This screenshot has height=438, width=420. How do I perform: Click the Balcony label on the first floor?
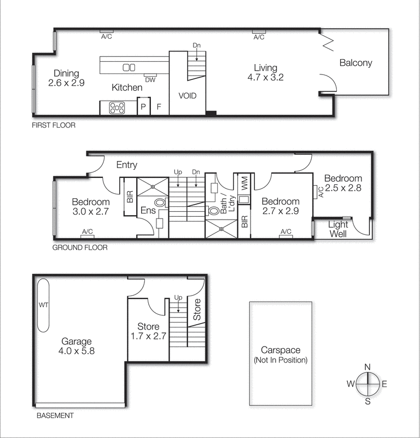tap(355, 62)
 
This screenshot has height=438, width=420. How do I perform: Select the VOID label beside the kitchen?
tap(188, 96)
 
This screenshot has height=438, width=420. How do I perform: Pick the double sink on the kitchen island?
tap(129, 67)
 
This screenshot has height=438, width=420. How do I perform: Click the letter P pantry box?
tap(143, 107)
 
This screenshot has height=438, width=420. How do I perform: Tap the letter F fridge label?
tap(160, 107)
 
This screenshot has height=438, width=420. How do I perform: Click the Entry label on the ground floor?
tap(127, 165)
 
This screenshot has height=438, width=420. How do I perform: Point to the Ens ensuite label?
tap(147, 211)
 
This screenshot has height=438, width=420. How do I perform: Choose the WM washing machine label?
tap(244, 181)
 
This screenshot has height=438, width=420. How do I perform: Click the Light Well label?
tap(338, 229)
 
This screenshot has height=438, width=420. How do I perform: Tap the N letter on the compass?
tap(367, 367)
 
